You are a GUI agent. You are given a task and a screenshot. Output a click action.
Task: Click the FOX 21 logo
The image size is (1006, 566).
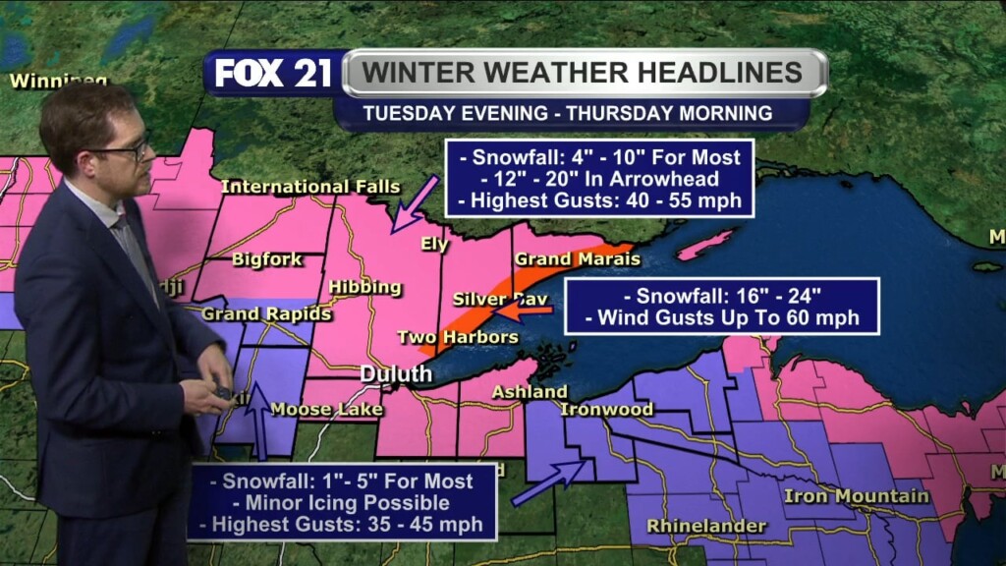click(x=273, y=73)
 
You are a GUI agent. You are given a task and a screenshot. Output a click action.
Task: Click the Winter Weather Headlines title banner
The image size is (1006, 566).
click(x=584, y=73)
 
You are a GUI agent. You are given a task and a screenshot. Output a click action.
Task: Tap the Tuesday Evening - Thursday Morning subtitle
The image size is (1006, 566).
click(x=568, y=113)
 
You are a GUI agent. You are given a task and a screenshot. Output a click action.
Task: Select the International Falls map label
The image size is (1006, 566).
click(x=310, y=187)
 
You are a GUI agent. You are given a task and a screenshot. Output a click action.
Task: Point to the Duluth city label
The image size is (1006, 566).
click(x=396, y=374)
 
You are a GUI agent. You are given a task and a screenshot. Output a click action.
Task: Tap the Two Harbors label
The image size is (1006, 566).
click(x=457, y=337)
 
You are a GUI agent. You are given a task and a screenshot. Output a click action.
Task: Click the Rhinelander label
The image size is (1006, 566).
click(x=705, y=527)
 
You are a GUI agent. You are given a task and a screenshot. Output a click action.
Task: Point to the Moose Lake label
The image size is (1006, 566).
click(x=313, y=409)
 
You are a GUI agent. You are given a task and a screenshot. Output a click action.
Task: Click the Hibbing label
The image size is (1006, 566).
click(x=364, y=287)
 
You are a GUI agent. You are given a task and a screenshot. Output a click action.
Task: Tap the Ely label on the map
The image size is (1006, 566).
click(x=434, y=245)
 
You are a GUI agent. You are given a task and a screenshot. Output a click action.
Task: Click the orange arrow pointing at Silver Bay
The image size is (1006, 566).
click(x=524, y=311)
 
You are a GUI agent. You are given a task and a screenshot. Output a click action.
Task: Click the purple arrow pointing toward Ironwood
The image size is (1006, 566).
click(x=549, y=481)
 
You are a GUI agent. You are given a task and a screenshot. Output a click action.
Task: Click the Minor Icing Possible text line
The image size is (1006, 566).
click(x=341, y=503)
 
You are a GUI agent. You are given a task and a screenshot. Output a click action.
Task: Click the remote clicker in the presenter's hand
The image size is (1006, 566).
click(x=222, y=394)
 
